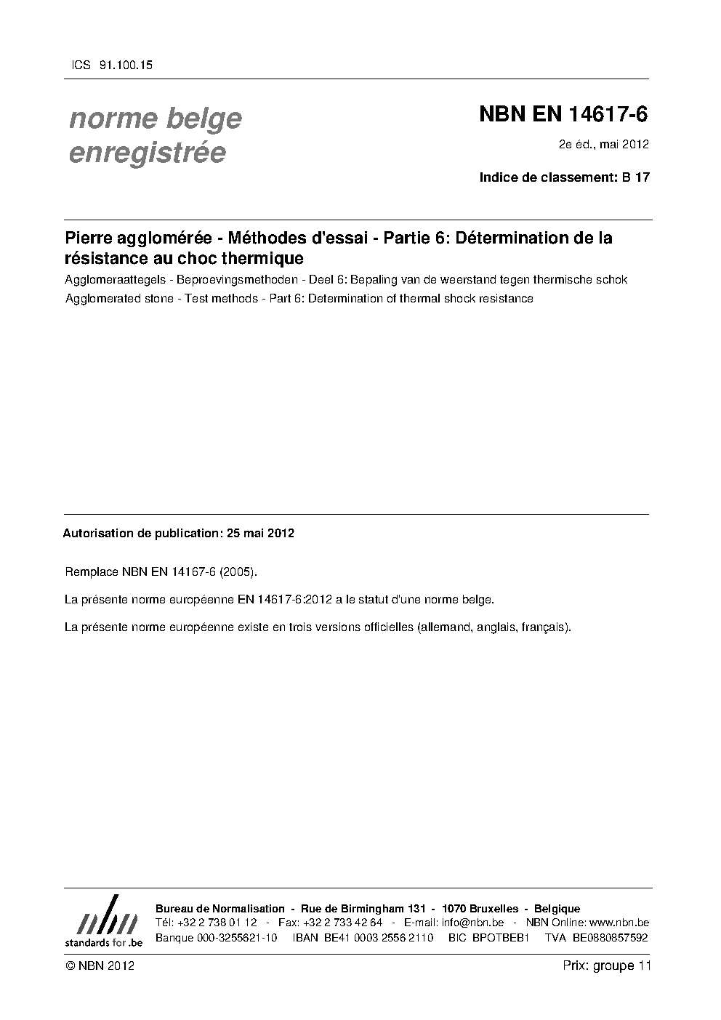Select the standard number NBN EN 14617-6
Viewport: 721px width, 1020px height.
point(563,114)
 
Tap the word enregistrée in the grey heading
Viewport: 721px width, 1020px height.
point(147,153)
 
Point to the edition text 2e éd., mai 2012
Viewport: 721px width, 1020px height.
point(603,144)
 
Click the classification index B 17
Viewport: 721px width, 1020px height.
point(636,177)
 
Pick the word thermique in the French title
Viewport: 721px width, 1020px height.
point(266,257)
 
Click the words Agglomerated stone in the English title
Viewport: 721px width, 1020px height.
point(119,298)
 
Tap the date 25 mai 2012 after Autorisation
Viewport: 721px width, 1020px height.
point(260,533)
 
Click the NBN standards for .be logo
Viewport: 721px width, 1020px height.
point(103,921)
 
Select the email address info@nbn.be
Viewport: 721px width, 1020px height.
point(472,923)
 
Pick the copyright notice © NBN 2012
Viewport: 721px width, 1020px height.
point(100,965)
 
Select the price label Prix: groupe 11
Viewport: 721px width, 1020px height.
point(606,965)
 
